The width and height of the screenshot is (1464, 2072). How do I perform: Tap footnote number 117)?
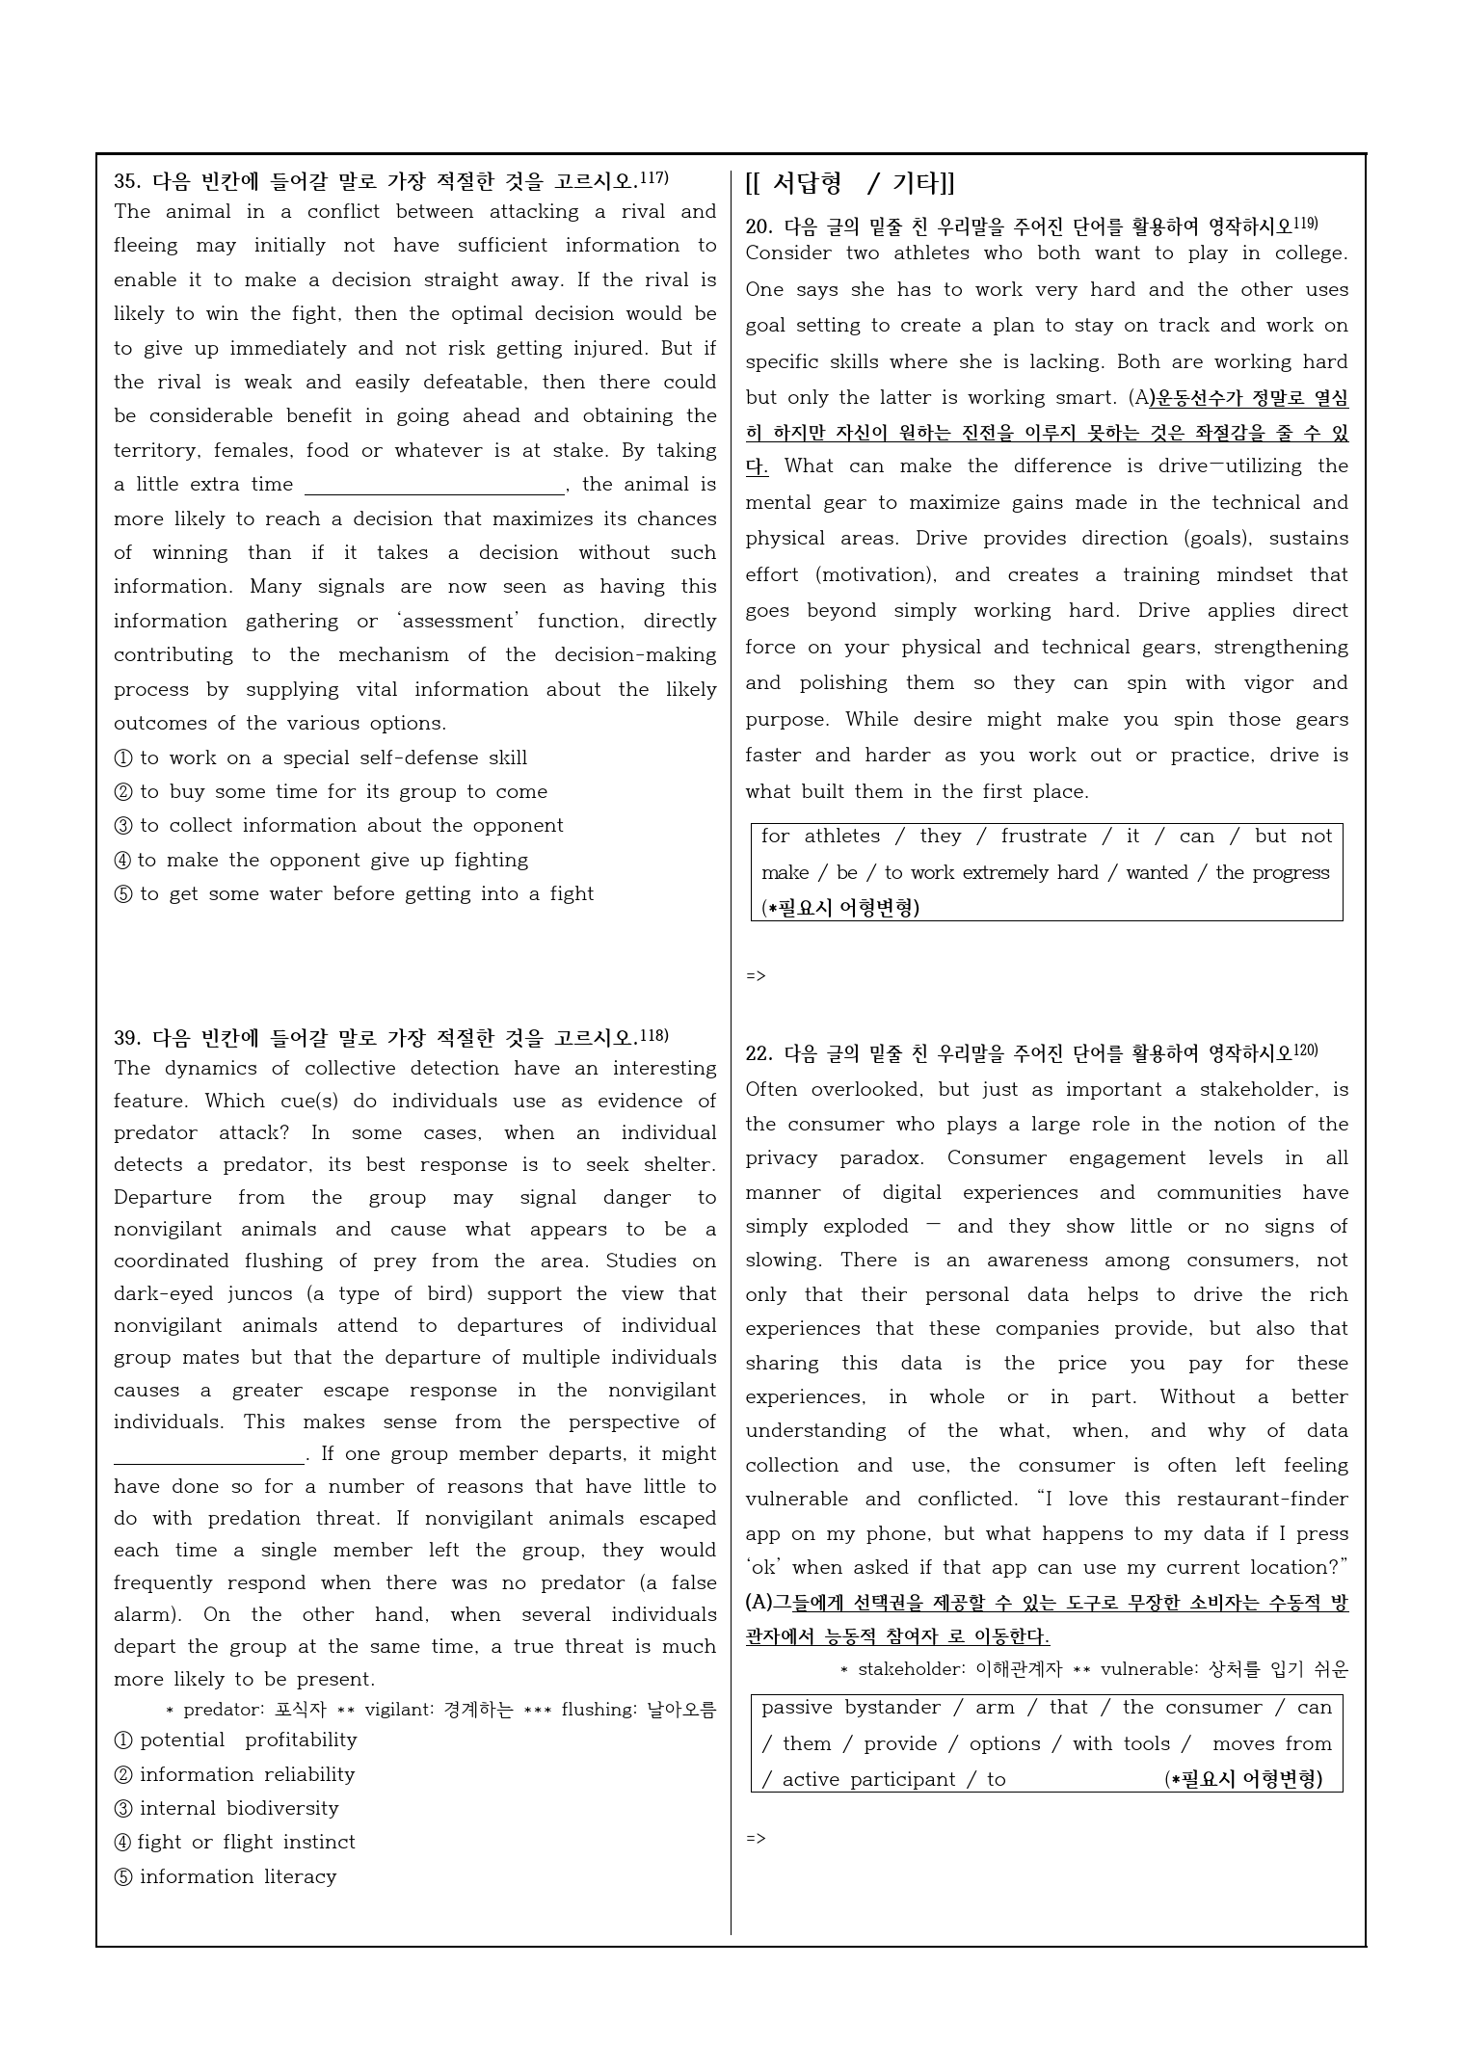pyautogui.click(x=654, y=177)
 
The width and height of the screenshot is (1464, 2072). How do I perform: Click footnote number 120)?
pyautogui.click(x=1305, y=1049)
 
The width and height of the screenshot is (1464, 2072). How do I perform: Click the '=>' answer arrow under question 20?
pyautogui.click(x=756, y=975)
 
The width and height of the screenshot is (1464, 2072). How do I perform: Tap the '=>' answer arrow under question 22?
pyautogui.click(x=756, y=1838)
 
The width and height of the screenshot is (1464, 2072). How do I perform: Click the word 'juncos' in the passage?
pyautogui.click(x=279, y=1293)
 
